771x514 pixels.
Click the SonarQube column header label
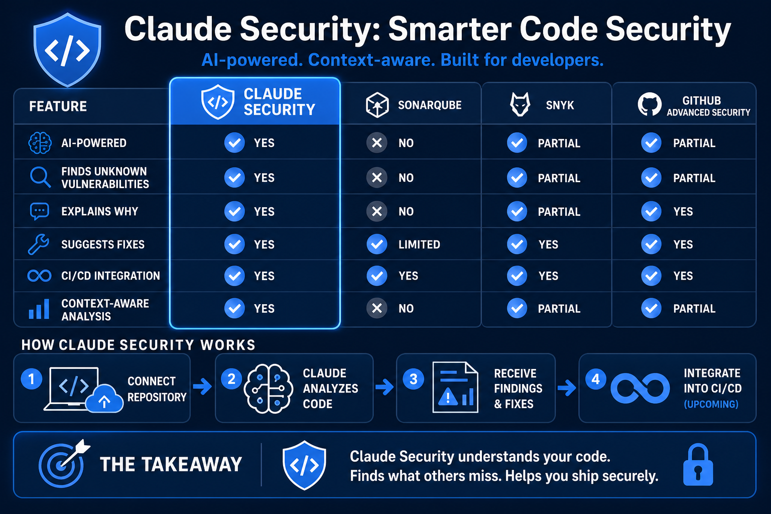(x=430, y=105)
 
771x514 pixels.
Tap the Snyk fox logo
(x=520, y=104)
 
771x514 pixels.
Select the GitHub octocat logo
(x=650, y=104)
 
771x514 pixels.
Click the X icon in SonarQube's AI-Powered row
(x=377, y=143)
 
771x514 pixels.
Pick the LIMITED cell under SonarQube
(x=419, y=244)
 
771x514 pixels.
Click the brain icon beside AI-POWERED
(x=40, y=143)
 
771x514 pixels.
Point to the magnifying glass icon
(x=40, y=177)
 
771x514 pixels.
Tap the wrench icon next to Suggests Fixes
(x=38, y=244)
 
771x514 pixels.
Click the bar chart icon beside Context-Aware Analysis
(x=39, y=309)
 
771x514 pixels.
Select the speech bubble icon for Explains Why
(x=40, y=211)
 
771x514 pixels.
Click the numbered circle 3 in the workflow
(x=413, y=379)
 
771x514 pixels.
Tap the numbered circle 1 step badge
(x=31, y=378)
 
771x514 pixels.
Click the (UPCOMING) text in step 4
(x=711, y=404)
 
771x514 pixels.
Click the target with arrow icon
(x=64, y=463)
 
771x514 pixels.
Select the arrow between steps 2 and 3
(x=384, y=387)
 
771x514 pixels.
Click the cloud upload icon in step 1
(x=104, y=399)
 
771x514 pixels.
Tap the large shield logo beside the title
(x=67, y=49)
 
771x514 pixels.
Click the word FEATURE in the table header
(x=58, y=106)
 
